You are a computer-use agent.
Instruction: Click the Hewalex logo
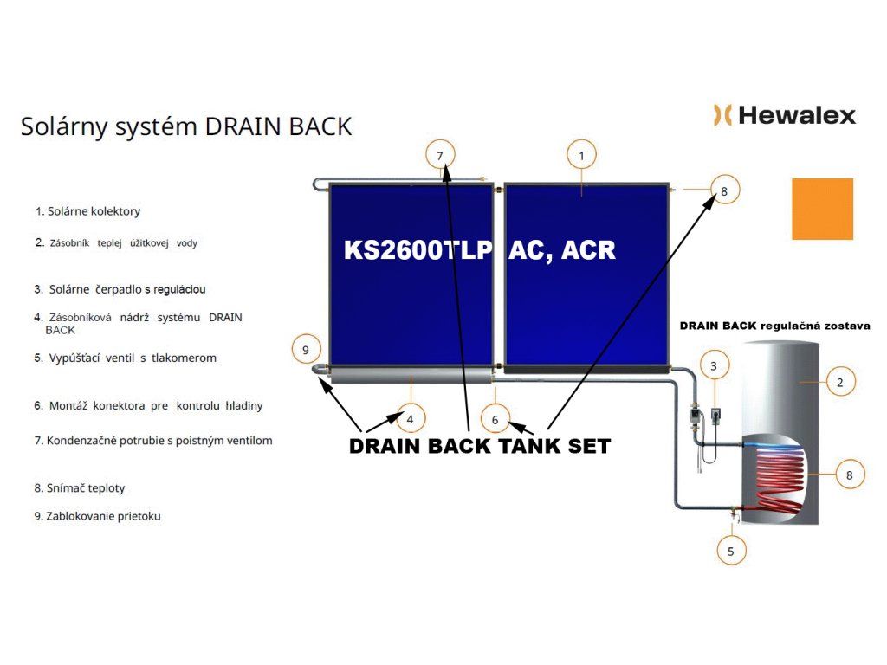(784, 115)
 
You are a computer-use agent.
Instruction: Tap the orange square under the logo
(822, 209)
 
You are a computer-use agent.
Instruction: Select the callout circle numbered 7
(440, 155)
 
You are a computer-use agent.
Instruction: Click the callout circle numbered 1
(582, 155)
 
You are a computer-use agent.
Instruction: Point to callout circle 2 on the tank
(840, 381)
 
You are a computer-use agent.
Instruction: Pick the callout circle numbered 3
(714, 365)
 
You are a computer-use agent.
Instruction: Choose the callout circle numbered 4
(410, 419)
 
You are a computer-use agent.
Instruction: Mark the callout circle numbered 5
(731, 550)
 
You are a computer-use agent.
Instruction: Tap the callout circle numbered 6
(495, 419)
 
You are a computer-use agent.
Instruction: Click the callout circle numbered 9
(305, 350)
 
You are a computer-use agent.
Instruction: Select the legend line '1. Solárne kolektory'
(87, 211)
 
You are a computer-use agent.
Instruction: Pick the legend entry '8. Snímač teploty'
(80, 488)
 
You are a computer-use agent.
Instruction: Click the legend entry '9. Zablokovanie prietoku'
(97, 516)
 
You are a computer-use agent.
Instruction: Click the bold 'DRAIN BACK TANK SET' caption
(480, 447)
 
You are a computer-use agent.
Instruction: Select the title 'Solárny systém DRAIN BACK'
(186, 126)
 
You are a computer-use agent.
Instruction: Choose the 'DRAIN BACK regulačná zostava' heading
(774, 326)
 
